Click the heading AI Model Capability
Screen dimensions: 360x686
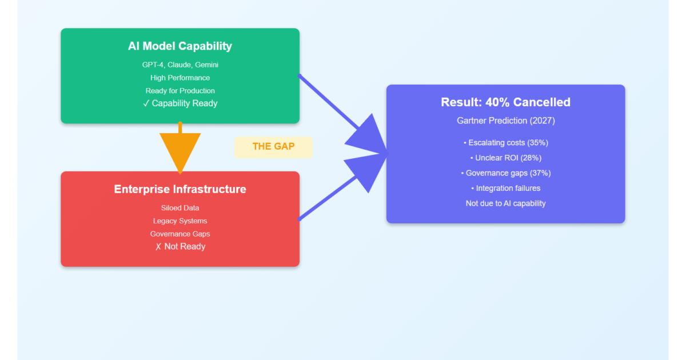coord(180,46)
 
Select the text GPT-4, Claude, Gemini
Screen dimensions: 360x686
coord(180,65)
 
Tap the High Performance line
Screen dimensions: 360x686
coord(180,78)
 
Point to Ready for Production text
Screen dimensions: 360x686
coord(180,91)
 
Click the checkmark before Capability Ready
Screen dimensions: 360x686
coord(146,103)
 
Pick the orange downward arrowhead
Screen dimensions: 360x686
coord(180,151)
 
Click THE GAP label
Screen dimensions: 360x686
coord(273,146)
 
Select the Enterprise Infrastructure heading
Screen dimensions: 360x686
coord(180,189)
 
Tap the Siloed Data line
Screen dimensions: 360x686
coord(180,208)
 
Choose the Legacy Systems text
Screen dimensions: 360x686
coord(180,221)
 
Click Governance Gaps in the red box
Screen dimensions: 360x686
coord(180,234)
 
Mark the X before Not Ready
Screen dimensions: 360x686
coord(158,247)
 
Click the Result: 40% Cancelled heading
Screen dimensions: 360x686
coord(505,102)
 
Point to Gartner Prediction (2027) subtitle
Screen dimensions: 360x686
coord(505,121)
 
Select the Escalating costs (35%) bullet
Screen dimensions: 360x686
coord(505,143)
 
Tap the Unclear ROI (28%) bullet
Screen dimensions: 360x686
coord(505,158)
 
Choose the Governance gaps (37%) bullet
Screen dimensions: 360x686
coord(505,173)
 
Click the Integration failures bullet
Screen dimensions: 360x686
coord(505,188)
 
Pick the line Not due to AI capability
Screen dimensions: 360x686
coord(505,203)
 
